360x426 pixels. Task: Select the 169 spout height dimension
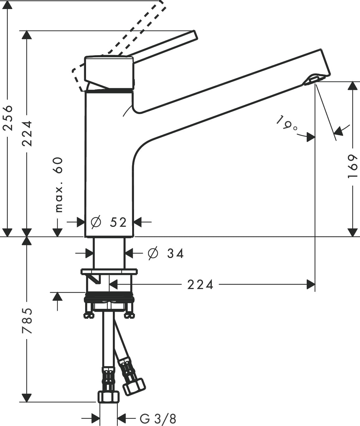tap(352, 166)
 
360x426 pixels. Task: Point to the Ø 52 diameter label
tap(109, 222)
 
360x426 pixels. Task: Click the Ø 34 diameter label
tap(166, 253)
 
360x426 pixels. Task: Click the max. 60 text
tap(59, 185)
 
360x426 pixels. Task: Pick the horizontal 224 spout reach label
tap(200, 284)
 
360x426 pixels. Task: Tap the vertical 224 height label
tap(27, 133)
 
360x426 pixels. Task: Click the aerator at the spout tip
tap(310, 80)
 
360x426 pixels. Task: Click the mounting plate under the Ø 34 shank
tap(109, 271)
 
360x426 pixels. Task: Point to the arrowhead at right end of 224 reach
tap(311, 284)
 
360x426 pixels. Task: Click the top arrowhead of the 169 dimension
tap(353, 86)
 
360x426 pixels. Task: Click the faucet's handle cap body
tap(109, 73)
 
